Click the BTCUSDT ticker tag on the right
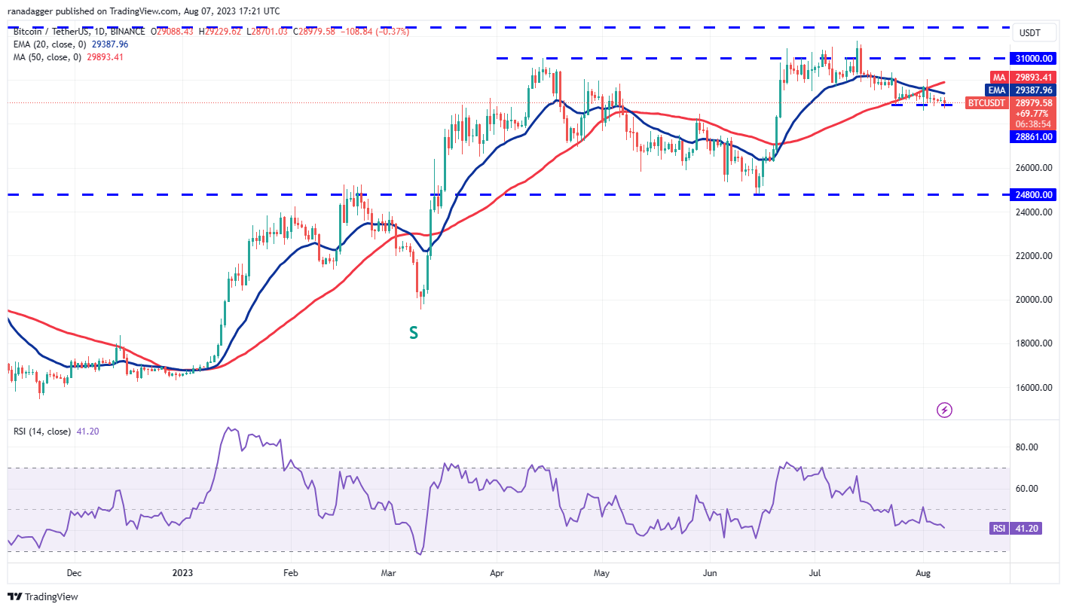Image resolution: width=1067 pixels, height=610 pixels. [986, 102]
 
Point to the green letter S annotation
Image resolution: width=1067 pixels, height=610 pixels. [414, 332]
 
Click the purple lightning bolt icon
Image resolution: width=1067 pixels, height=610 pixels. [944, 410]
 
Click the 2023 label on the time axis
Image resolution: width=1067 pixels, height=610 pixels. [182, 573]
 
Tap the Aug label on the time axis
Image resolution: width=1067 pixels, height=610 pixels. [923, 573]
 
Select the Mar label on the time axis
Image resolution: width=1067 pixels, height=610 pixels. [389, 573]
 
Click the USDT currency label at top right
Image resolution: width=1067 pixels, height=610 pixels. [1030, 33]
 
